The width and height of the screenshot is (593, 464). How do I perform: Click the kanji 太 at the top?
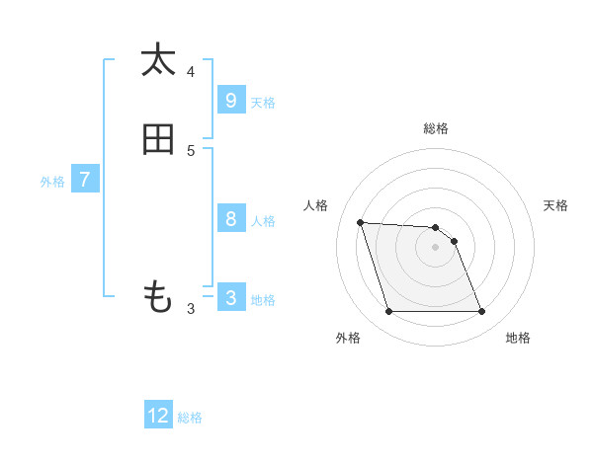[158, 60]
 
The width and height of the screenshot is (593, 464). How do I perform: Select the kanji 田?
[158, 140]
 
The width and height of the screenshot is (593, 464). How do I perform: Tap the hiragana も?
[158, 297]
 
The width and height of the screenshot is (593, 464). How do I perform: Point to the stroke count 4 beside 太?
[191, 71]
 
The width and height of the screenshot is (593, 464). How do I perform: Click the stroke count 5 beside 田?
[191, 151]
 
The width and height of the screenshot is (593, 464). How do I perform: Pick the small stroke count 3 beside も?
[191, 309]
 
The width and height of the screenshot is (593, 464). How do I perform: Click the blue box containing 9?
[231, 100]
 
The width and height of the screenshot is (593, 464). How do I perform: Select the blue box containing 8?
[231, 218]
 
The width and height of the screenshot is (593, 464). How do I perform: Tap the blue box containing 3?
[231, 297]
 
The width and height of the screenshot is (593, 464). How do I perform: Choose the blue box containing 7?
[85, 180]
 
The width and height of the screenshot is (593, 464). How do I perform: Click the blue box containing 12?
[158, 416]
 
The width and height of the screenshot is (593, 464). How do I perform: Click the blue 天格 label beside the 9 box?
[263, 103]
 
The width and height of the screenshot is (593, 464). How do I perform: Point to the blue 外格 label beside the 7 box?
[52, 182]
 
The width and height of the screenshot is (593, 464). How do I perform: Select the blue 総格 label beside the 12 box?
[190, 418]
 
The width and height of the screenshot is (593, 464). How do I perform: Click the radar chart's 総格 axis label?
[436, 128]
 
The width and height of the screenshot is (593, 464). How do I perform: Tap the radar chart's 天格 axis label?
[555, 205]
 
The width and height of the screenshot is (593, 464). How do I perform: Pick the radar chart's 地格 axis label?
[518, 338]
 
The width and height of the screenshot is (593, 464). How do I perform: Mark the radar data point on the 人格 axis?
[360, 222]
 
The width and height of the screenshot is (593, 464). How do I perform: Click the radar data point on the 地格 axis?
[481, 312]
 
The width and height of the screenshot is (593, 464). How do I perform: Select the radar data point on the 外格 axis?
[388, 312]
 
